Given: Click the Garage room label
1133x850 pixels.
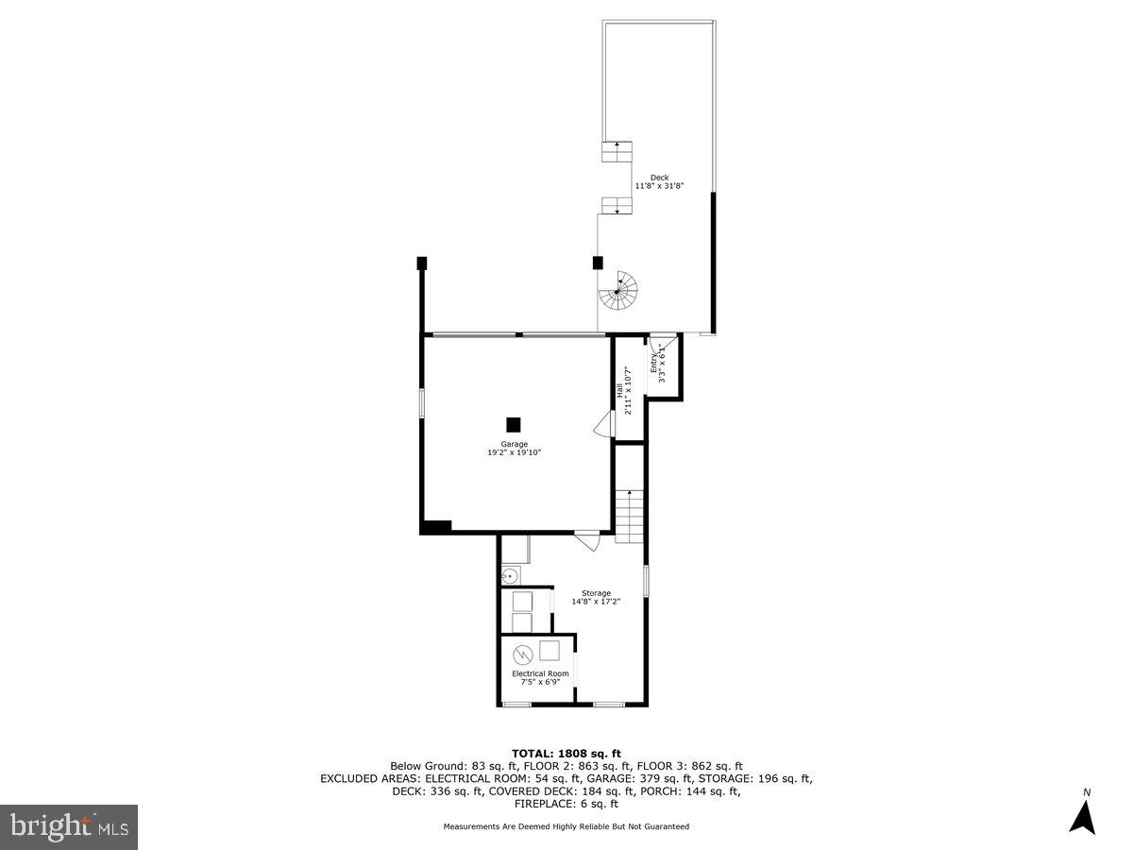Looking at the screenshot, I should [x=514, y=444].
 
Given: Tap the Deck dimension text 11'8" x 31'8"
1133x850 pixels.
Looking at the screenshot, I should [x=659, y=186].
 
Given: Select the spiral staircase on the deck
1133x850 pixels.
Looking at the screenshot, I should [x=618, y=290].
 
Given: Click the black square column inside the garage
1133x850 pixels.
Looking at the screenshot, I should [x=514, y=424].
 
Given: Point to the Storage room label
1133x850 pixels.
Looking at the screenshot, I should [x=596, y=593].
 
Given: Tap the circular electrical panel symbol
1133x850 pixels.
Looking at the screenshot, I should [x=522, y=654].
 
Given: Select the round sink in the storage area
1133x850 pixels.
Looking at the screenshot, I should [x=511, y=574].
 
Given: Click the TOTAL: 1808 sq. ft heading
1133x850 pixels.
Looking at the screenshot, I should [x=566, y=753].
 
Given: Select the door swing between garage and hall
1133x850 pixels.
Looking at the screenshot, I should [x=601, y=428].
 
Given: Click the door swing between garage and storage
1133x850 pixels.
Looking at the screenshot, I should [x=587, y=542].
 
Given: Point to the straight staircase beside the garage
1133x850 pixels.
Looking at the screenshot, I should [x=629, y=516].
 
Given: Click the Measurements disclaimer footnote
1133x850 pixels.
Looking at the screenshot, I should [x=566, y=826].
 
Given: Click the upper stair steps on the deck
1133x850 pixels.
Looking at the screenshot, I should [x=617, y=152].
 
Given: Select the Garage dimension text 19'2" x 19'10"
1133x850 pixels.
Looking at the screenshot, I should [x=514, y=453].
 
